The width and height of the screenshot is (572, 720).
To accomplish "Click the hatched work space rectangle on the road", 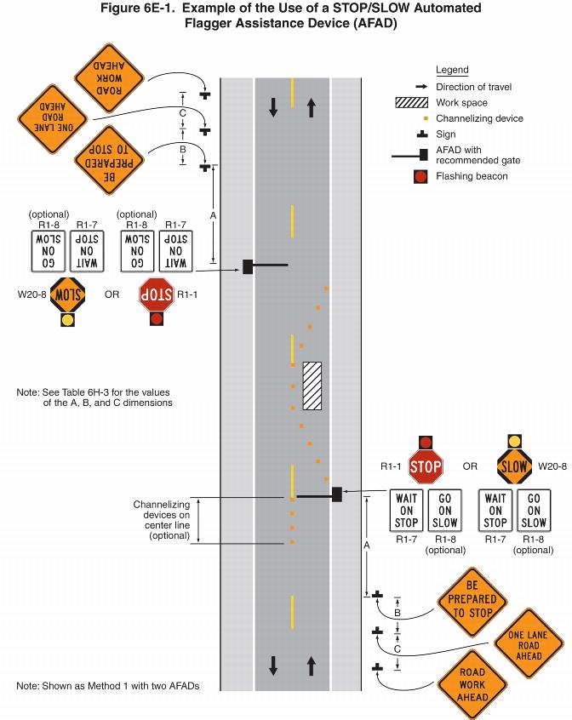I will pyautogui.click(x=312, y=386).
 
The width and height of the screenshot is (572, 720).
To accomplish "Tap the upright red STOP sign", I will pyautogui.click(x=426, y=466).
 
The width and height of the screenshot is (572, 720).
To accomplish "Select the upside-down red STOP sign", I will pyautogui.click(x=156, y=294).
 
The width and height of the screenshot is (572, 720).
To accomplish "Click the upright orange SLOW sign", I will pyautogui.click(x=514, y=466).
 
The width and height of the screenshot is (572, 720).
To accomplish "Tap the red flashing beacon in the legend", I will pyautogui.click(x=420, y=177).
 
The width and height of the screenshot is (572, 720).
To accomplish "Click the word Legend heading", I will pyautogui.click(x=452, y=70).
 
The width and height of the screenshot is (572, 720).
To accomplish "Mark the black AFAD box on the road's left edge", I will pyautogui.click(x=248, y=266).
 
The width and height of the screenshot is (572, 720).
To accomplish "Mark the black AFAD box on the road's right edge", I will pyautogui.click(x=337, y=494).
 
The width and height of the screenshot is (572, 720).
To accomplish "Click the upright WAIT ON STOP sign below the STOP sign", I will pyautogui.click(x=407, y=511).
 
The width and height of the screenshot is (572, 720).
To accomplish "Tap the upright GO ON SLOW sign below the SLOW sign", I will pyautogui.click(x=535, y=511).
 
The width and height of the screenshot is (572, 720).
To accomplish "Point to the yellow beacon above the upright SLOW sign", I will pyautogui.click(x=514, y=441).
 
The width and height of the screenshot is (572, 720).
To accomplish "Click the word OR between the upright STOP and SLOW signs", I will pyautogui.click(x=469, y=466).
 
